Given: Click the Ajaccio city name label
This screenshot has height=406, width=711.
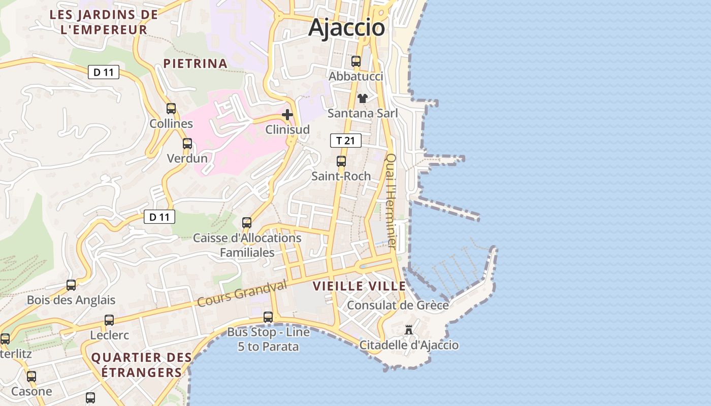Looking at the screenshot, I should [347, 27].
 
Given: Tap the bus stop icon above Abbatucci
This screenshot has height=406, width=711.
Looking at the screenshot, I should [356, 61].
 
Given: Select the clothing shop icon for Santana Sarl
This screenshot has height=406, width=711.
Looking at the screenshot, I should [363, 98].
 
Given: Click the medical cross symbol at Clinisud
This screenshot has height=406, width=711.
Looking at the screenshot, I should [287, 115].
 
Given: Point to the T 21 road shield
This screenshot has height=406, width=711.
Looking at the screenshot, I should [346, 141].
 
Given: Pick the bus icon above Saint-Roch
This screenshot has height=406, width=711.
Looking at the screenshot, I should [341, 161].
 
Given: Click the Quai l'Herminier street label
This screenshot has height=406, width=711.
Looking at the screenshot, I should [391, 200].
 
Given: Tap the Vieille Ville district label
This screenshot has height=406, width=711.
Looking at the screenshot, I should [359, 286].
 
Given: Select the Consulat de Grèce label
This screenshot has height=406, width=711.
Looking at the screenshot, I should [398, 305].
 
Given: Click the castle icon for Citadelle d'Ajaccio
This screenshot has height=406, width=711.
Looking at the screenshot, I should [408, 330].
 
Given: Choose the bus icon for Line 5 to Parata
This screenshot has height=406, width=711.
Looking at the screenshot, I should [268, 317].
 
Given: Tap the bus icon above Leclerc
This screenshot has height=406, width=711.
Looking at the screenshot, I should [109, 320].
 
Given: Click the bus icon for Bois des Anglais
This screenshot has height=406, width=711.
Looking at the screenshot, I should [71, 285].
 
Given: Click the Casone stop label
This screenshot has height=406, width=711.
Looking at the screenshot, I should [31, 391].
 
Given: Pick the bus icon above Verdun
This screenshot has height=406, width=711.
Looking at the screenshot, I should [187, 144].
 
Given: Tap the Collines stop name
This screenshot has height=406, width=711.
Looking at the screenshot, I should [171, 123].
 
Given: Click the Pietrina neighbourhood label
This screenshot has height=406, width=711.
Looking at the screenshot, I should [195, 63].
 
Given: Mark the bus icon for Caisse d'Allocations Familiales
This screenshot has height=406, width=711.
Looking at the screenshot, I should [247, 222].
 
